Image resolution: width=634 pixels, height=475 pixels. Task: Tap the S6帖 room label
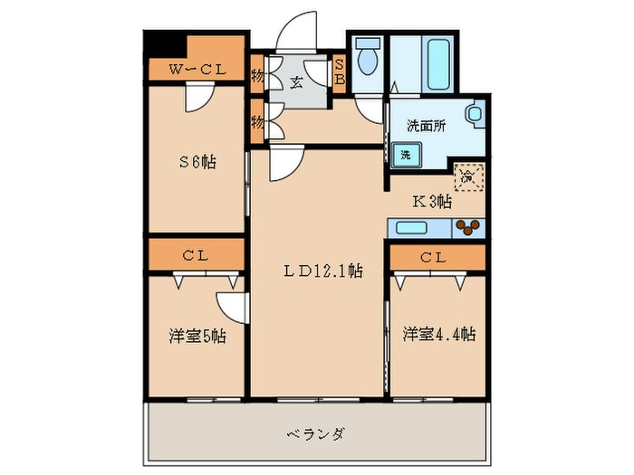(196, 163)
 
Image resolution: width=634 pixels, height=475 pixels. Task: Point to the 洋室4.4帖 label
(438, 334)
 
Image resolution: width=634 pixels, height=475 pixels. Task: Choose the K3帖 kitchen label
(432, 202)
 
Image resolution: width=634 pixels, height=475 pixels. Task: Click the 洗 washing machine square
(406, 155)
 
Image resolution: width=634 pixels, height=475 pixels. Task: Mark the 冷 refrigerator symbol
(469, 175)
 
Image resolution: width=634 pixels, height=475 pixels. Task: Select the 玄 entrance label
(295, 82)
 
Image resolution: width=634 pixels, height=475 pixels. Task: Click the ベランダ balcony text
(320, 433)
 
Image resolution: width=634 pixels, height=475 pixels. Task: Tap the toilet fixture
(368, 60)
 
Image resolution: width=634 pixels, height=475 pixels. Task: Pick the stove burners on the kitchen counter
(468, 227)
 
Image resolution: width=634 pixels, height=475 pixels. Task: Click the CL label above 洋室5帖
(196, 255)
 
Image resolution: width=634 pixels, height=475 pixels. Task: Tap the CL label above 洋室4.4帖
(437, 257)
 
